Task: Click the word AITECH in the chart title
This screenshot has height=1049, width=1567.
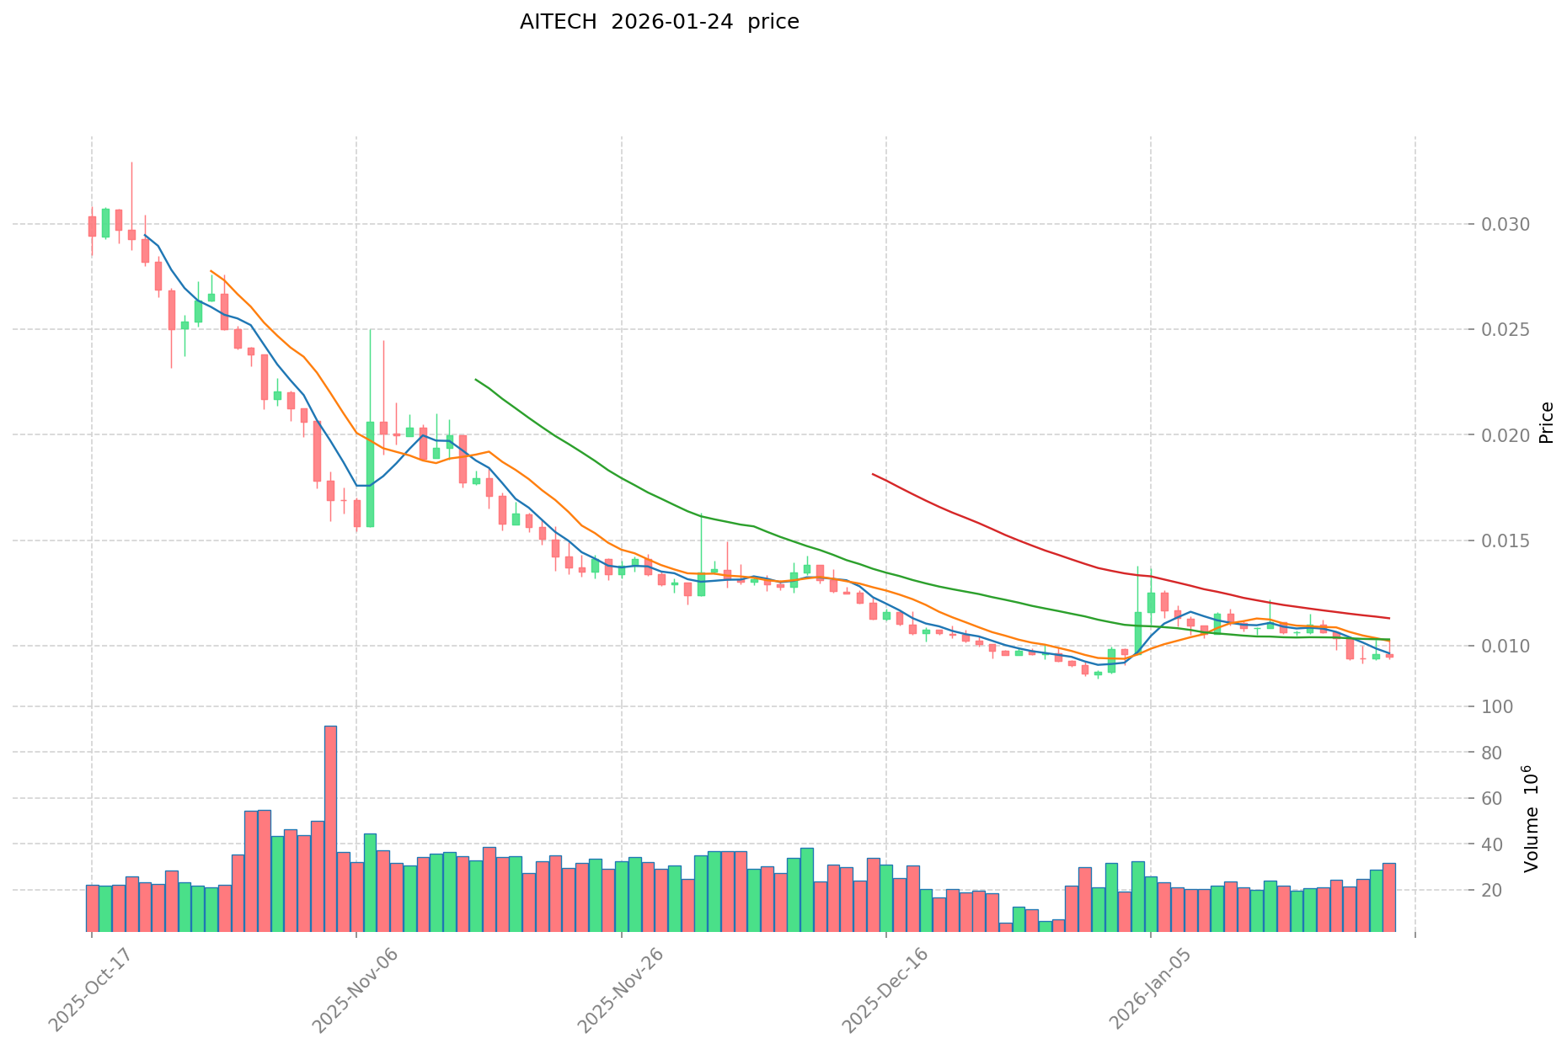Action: (x=559, y=22)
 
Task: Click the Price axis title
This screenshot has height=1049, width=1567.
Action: (x=1547, y=423)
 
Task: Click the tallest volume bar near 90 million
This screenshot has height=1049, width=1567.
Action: (x=330, y=829)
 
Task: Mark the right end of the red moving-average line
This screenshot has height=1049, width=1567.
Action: (x=1388, y=618)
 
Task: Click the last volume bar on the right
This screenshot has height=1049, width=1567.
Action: (x=1388, y=897)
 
